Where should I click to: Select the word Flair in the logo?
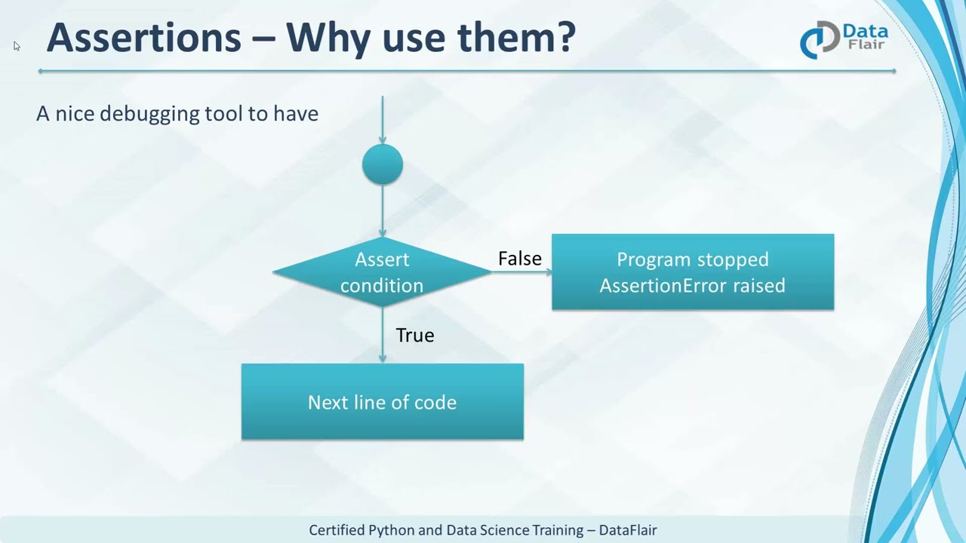pos(865,45)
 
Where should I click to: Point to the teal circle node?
pos(383,164)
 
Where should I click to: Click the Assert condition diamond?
pos(382,272)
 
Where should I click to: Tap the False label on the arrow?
pos(519,259)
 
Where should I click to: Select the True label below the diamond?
pos(414,336)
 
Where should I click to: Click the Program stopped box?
pos(692,272)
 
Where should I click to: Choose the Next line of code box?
pos(382,402)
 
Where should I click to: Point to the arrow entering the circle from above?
pos(383,121)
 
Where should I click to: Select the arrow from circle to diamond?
pos(383,211)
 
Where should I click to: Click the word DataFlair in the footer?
pos(627,530)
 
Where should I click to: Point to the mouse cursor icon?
pos(17,46)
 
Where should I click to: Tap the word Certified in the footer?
pos(337,530)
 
